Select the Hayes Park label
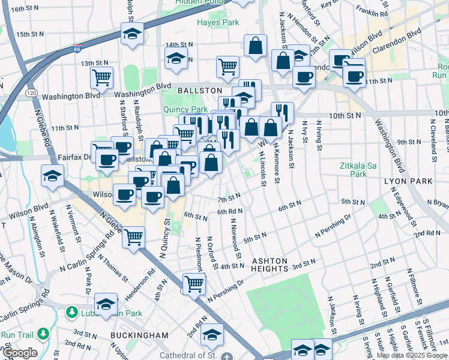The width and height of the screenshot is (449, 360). click(x=218, y=23)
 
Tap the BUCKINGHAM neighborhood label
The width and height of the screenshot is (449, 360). click(x=139, y=334)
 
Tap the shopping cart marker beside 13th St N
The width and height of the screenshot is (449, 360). click(x=102, y=76)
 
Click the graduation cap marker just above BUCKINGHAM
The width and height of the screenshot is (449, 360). click(x=106, y=304)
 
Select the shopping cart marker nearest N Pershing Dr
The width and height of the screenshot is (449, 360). click(x=194, y=283)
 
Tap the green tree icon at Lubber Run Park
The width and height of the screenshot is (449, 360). click(x=71, y=313)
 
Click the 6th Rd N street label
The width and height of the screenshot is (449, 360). click(x=229, y=212)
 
